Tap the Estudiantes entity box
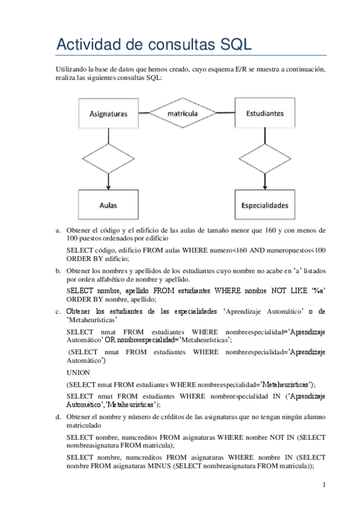[265, 112]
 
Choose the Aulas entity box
[108, 205]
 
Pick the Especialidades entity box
[265, 205]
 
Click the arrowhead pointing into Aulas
[108, 187]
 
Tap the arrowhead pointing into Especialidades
[265, 187]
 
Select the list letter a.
[58, 230]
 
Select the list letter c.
[58, 312]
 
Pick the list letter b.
[58, 271]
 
